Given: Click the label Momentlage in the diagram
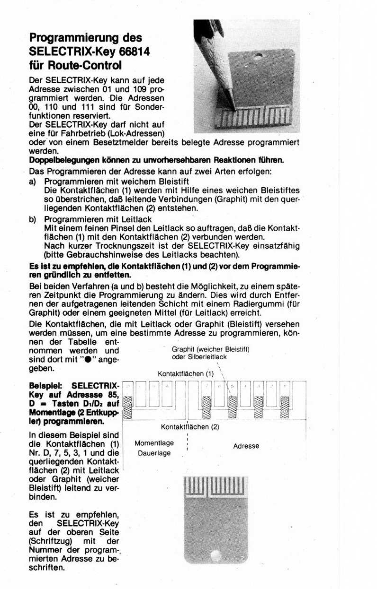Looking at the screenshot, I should click(x=154, y=443).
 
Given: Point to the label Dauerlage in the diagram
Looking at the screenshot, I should click(x=154, y=453).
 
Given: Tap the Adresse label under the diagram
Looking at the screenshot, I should click(x=246, y=446).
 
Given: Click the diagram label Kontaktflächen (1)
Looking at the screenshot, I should click(x=186, y=373).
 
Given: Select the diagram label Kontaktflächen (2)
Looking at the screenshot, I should click(x=190, y=427).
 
